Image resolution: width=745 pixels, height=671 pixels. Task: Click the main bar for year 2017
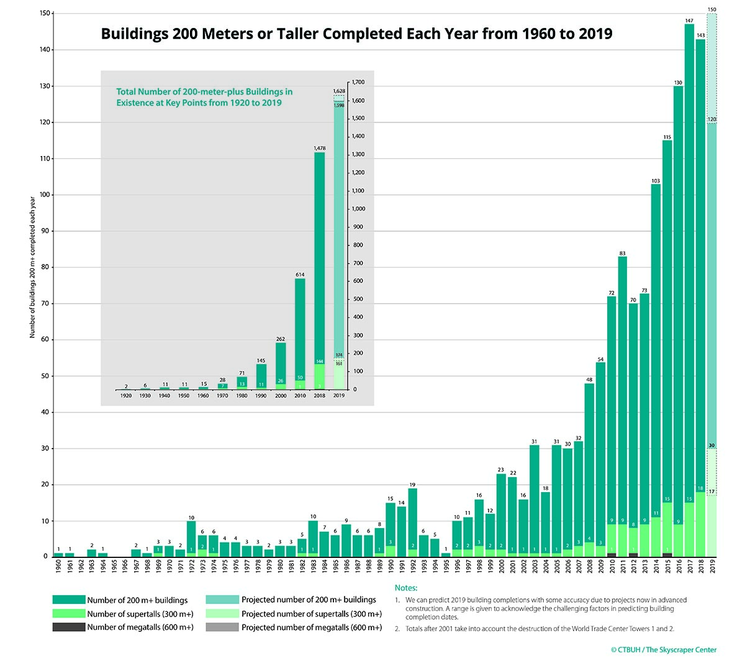[x=689, y=249]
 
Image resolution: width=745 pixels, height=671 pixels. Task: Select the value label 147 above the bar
[x=689, y=21]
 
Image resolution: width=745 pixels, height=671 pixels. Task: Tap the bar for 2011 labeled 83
[x=623, y=373]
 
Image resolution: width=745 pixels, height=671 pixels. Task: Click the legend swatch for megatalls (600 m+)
[x=68, y=628]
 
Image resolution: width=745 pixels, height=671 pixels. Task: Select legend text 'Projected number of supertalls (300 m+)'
[x=312, y=614]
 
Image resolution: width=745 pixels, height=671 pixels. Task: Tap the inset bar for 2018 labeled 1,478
[x=319, y=249]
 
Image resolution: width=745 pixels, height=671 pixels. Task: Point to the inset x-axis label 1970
[x=222, y=396]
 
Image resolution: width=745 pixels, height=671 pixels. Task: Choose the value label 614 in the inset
[x=300, y=275]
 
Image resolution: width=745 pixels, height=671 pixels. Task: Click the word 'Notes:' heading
[x=406, y=588]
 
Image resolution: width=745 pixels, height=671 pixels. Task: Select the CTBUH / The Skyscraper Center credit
[x=663, y=650]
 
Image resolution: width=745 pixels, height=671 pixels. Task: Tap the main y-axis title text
[x=32, y=267]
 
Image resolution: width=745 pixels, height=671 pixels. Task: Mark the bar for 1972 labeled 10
[x=191, y=537]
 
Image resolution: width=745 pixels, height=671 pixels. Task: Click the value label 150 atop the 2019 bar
[x=711, y=10]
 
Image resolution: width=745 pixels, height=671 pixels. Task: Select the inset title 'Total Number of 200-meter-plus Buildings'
[x=204, y=92]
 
